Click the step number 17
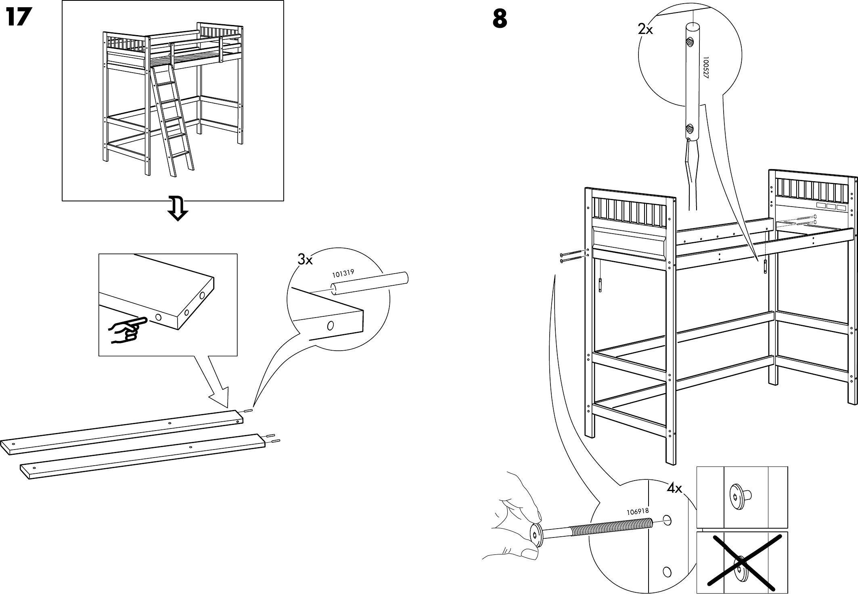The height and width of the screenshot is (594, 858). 19,18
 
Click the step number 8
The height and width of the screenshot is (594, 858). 500,19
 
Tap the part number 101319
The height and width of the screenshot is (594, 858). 343,274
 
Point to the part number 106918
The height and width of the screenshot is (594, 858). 637,512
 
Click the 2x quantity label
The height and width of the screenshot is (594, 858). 645,29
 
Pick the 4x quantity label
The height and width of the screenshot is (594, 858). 674,489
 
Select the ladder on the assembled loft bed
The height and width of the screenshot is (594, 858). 172,121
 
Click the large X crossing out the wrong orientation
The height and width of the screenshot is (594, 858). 742,563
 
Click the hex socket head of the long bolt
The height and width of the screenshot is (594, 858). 536,536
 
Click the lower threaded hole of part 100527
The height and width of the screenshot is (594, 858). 690,130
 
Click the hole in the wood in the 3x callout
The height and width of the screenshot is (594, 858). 330,325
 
